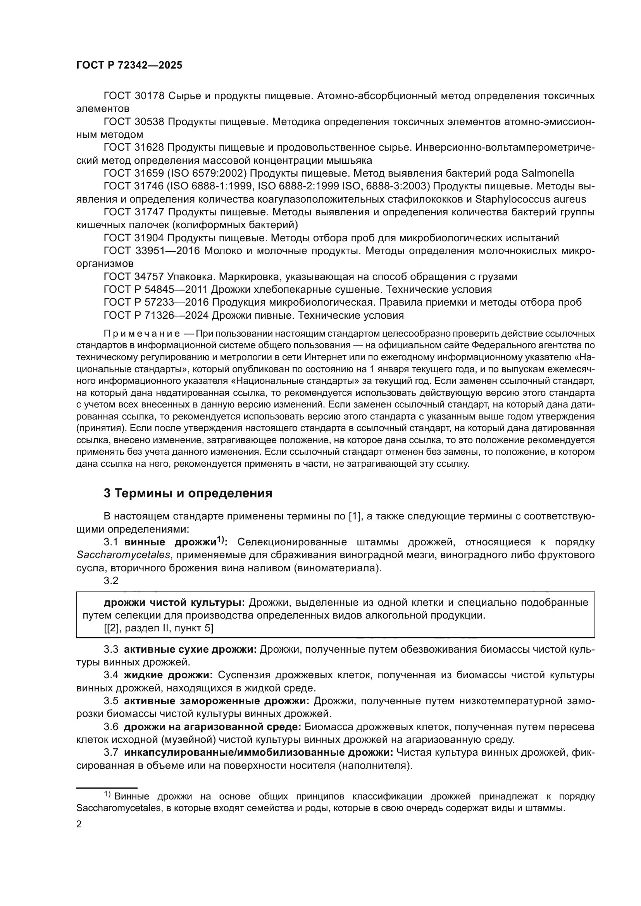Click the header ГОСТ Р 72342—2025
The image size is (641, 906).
(129, 65)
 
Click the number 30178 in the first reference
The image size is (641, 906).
(150, 96)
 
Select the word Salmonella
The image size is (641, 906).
(548, 173)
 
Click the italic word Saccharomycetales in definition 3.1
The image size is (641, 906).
(123, 555)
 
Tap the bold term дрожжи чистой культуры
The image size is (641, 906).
(174, 603)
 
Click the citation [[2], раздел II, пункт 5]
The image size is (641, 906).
(158, 628)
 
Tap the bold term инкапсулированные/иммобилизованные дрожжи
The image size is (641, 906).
(258, 753)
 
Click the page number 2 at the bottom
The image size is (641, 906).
(79, 824)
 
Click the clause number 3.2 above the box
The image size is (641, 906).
(111, 581)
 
